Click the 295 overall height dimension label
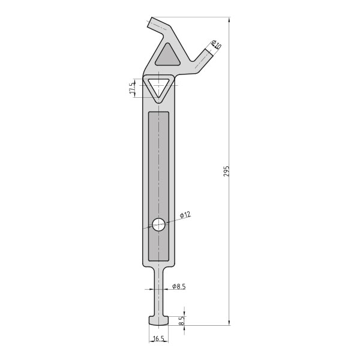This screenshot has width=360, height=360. [226, 171]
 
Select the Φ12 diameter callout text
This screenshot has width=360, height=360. [185, 215]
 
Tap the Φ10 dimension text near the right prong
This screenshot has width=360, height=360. [216, 44]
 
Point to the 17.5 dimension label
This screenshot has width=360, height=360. [132, 88]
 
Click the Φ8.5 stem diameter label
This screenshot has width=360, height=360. [179, 286]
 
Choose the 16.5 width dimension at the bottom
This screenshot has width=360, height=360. [158, 338]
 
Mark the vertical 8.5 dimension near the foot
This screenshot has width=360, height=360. [181, 321]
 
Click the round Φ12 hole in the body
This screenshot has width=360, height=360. [158, 224]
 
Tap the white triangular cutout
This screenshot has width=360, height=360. [158, 88]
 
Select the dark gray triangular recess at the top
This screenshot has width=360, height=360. [168, 55]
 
